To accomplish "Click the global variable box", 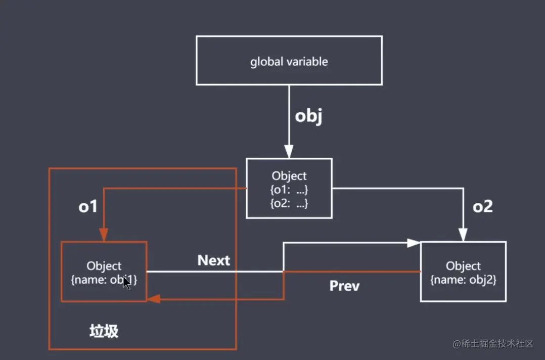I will point(289,60).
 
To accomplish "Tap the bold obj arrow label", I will point(308,117).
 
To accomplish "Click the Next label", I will point(213,260).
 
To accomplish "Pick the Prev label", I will point(344,286).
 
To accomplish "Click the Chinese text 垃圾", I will point(104,331).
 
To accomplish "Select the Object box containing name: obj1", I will point(104,272).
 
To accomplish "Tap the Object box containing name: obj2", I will point(463,272).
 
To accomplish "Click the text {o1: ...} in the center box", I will point(289,190).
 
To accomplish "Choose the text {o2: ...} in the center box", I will point(289,203).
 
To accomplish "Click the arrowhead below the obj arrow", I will point(289,151).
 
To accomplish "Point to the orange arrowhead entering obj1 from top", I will point(104,235).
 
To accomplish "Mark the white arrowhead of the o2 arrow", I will point(463,235).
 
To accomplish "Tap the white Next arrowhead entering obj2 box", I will point(414,243).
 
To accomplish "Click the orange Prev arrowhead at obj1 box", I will point(154,299).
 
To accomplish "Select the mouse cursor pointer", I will point(126,283).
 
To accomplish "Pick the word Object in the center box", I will point(289,176).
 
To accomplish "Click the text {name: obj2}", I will point(463,280).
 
